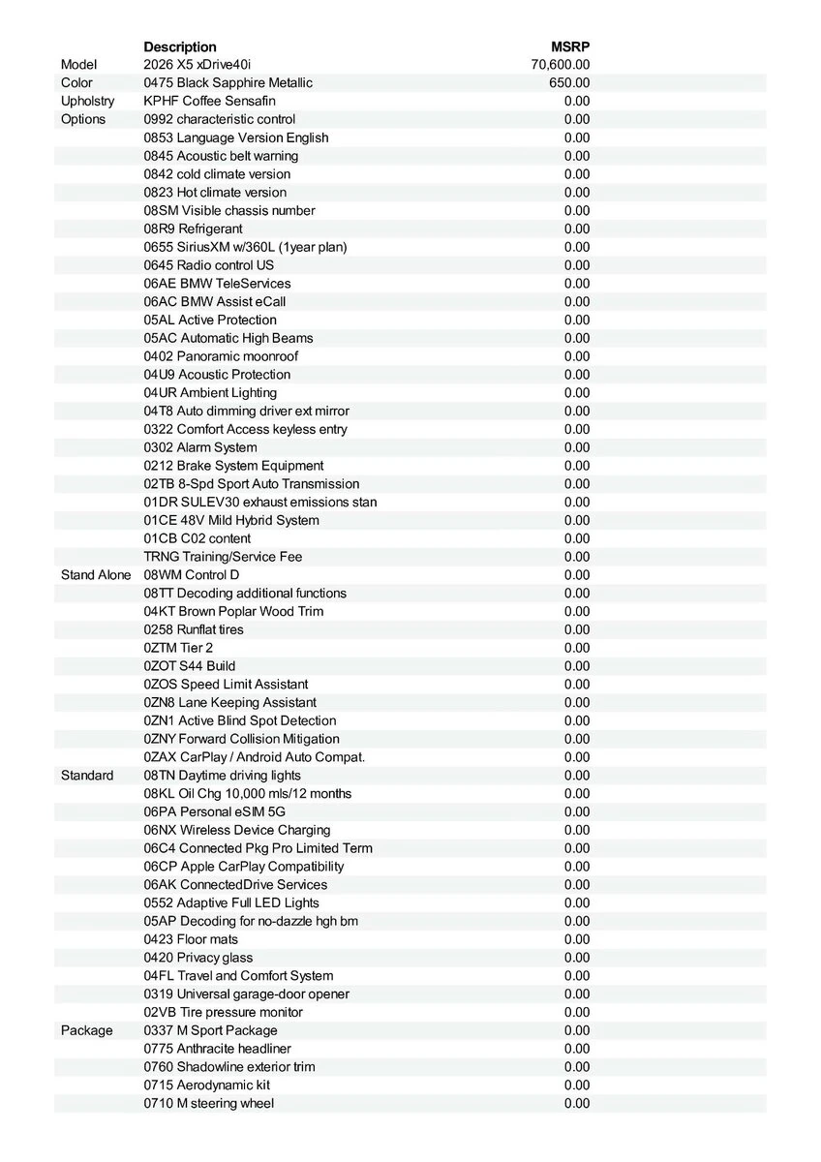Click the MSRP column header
pyautogui.click(x=570, y=46)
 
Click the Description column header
pyautogui.click(x=180, y=46)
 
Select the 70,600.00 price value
pyautogui.click(x=561, y=65)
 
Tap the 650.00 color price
pyautogui.click(x=569, y=83)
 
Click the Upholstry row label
pyautogui.click(x=87, y=101)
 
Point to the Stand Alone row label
pyautogui.click(x=95, y=575)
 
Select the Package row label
pyautogui.click(x=86, y=1030)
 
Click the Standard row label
pyautogui.click(x=87, y=776)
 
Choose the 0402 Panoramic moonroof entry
pyautogui.click(x=221, y=356)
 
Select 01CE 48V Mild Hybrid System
pyautogui.click(x=231, y=520)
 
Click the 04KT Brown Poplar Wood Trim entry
pyautogui.click(x=233, y=611)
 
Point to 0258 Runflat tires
pyautogui.click(x=194, y=629)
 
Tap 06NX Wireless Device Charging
pyautogui.click(x=237, y=830)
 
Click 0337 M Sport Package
pyautogui.click(x=210, y=1030)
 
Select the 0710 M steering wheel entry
pyautogui.click(x=209, y=1103)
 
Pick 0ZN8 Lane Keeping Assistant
pyautogui.click(x=229, y=702)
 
